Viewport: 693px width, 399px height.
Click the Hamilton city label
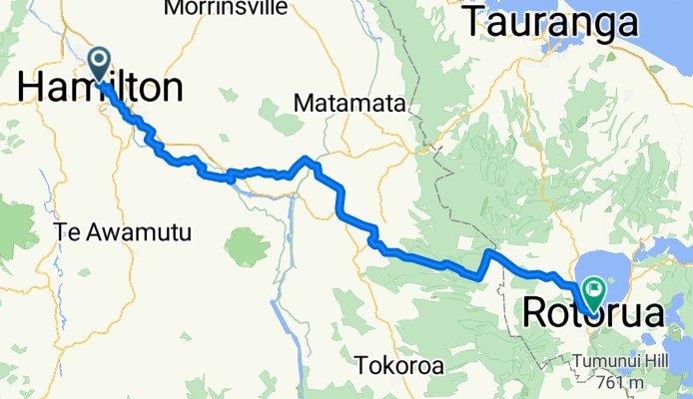100,89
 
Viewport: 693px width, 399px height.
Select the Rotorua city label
593,315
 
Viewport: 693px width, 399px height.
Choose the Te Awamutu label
124,231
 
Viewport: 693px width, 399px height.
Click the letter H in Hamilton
29,89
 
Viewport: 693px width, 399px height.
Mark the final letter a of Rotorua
652,315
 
